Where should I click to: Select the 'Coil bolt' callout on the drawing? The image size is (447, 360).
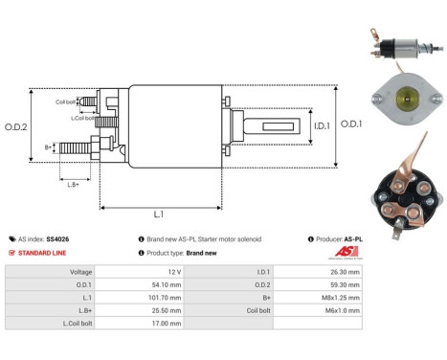pos(66,101)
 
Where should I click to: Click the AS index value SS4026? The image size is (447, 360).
pos(57,238)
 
